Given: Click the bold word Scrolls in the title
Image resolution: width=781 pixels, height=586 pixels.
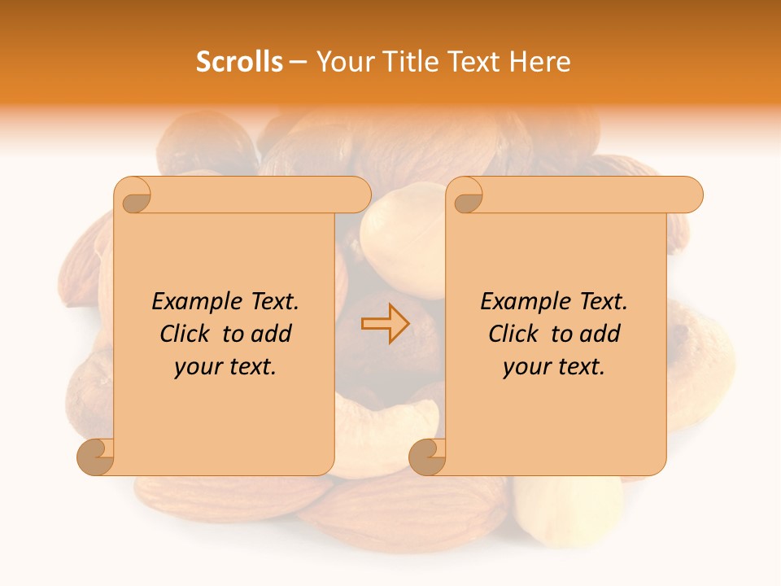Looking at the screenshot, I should pos(239,62).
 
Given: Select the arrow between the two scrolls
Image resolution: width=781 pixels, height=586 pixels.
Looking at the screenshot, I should pos(386,324).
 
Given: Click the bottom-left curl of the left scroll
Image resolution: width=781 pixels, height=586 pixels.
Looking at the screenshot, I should pos(95,457).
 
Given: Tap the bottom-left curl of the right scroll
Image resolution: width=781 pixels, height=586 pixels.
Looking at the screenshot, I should pos(427,457).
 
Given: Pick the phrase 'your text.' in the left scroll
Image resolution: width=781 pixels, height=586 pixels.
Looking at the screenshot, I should pos(225,366).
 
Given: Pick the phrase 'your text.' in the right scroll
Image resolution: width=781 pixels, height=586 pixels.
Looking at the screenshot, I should pos(554,366).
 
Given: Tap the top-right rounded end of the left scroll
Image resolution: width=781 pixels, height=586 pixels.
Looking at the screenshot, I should pos(358,195).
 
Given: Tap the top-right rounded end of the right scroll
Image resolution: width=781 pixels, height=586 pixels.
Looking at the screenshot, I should pos(690,195).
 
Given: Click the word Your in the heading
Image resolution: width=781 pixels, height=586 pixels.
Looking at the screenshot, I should pos(340,62).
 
